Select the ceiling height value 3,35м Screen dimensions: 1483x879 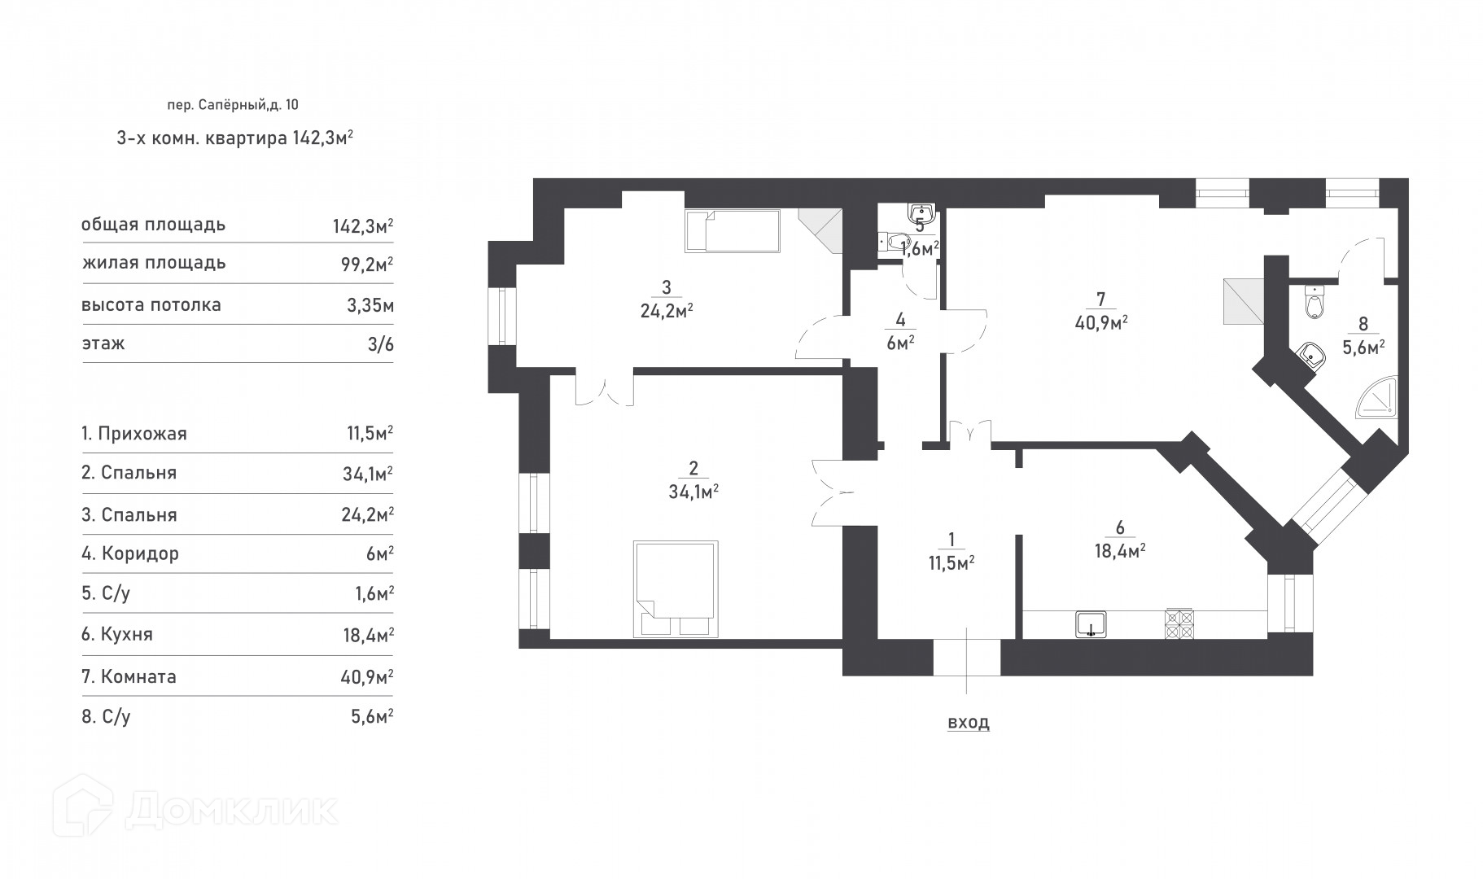[x=370, y=306]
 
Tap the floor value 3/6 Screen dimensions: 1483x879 [x=380, y=344]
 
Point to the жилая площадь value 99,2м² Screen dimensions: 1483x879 [x=363, y=264]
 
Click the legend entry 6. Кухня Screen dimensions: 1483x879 [x=117, y=635]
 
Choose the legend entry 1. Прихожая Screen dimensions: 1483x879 [x=134, y=434]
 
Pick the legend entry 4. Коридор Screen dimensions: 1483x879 [x=130, y=554]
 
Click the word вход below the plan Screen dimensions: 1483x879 [x=969, y=723]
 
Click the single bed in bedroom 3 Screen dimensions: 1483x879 [x=732, y=231]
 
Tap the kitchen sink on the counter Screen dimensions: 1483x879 [x=1090, y=623]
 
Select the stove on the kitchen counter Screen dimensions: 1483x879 [x=1179, y=623]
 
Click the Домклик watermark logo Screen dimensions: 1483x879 [x=195, y=808]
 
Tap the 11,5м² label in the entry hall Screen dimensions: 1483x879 [x=950, y=562]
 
